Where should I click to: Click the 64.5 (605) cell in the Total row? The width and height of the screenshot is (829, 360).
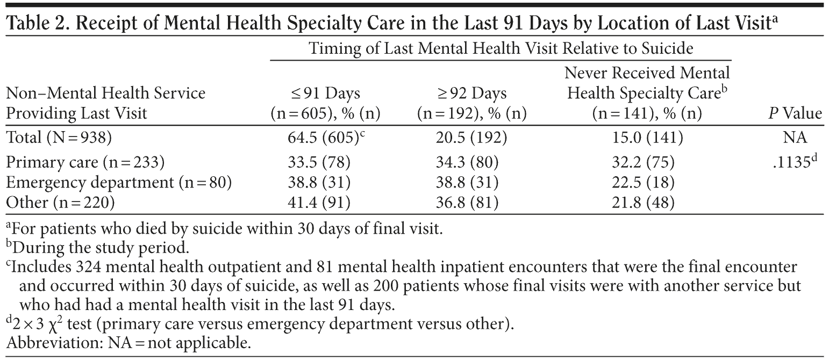(x=320, y=138)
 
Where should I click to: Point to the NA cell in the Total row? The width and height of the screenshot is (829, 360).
(x=795, y=138)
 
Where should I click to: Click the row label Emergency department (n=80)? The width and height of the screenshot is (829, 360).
(x=118, y=183)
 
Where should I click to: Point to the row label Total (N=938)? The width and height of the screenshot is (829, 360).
(x=58, y=138)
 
